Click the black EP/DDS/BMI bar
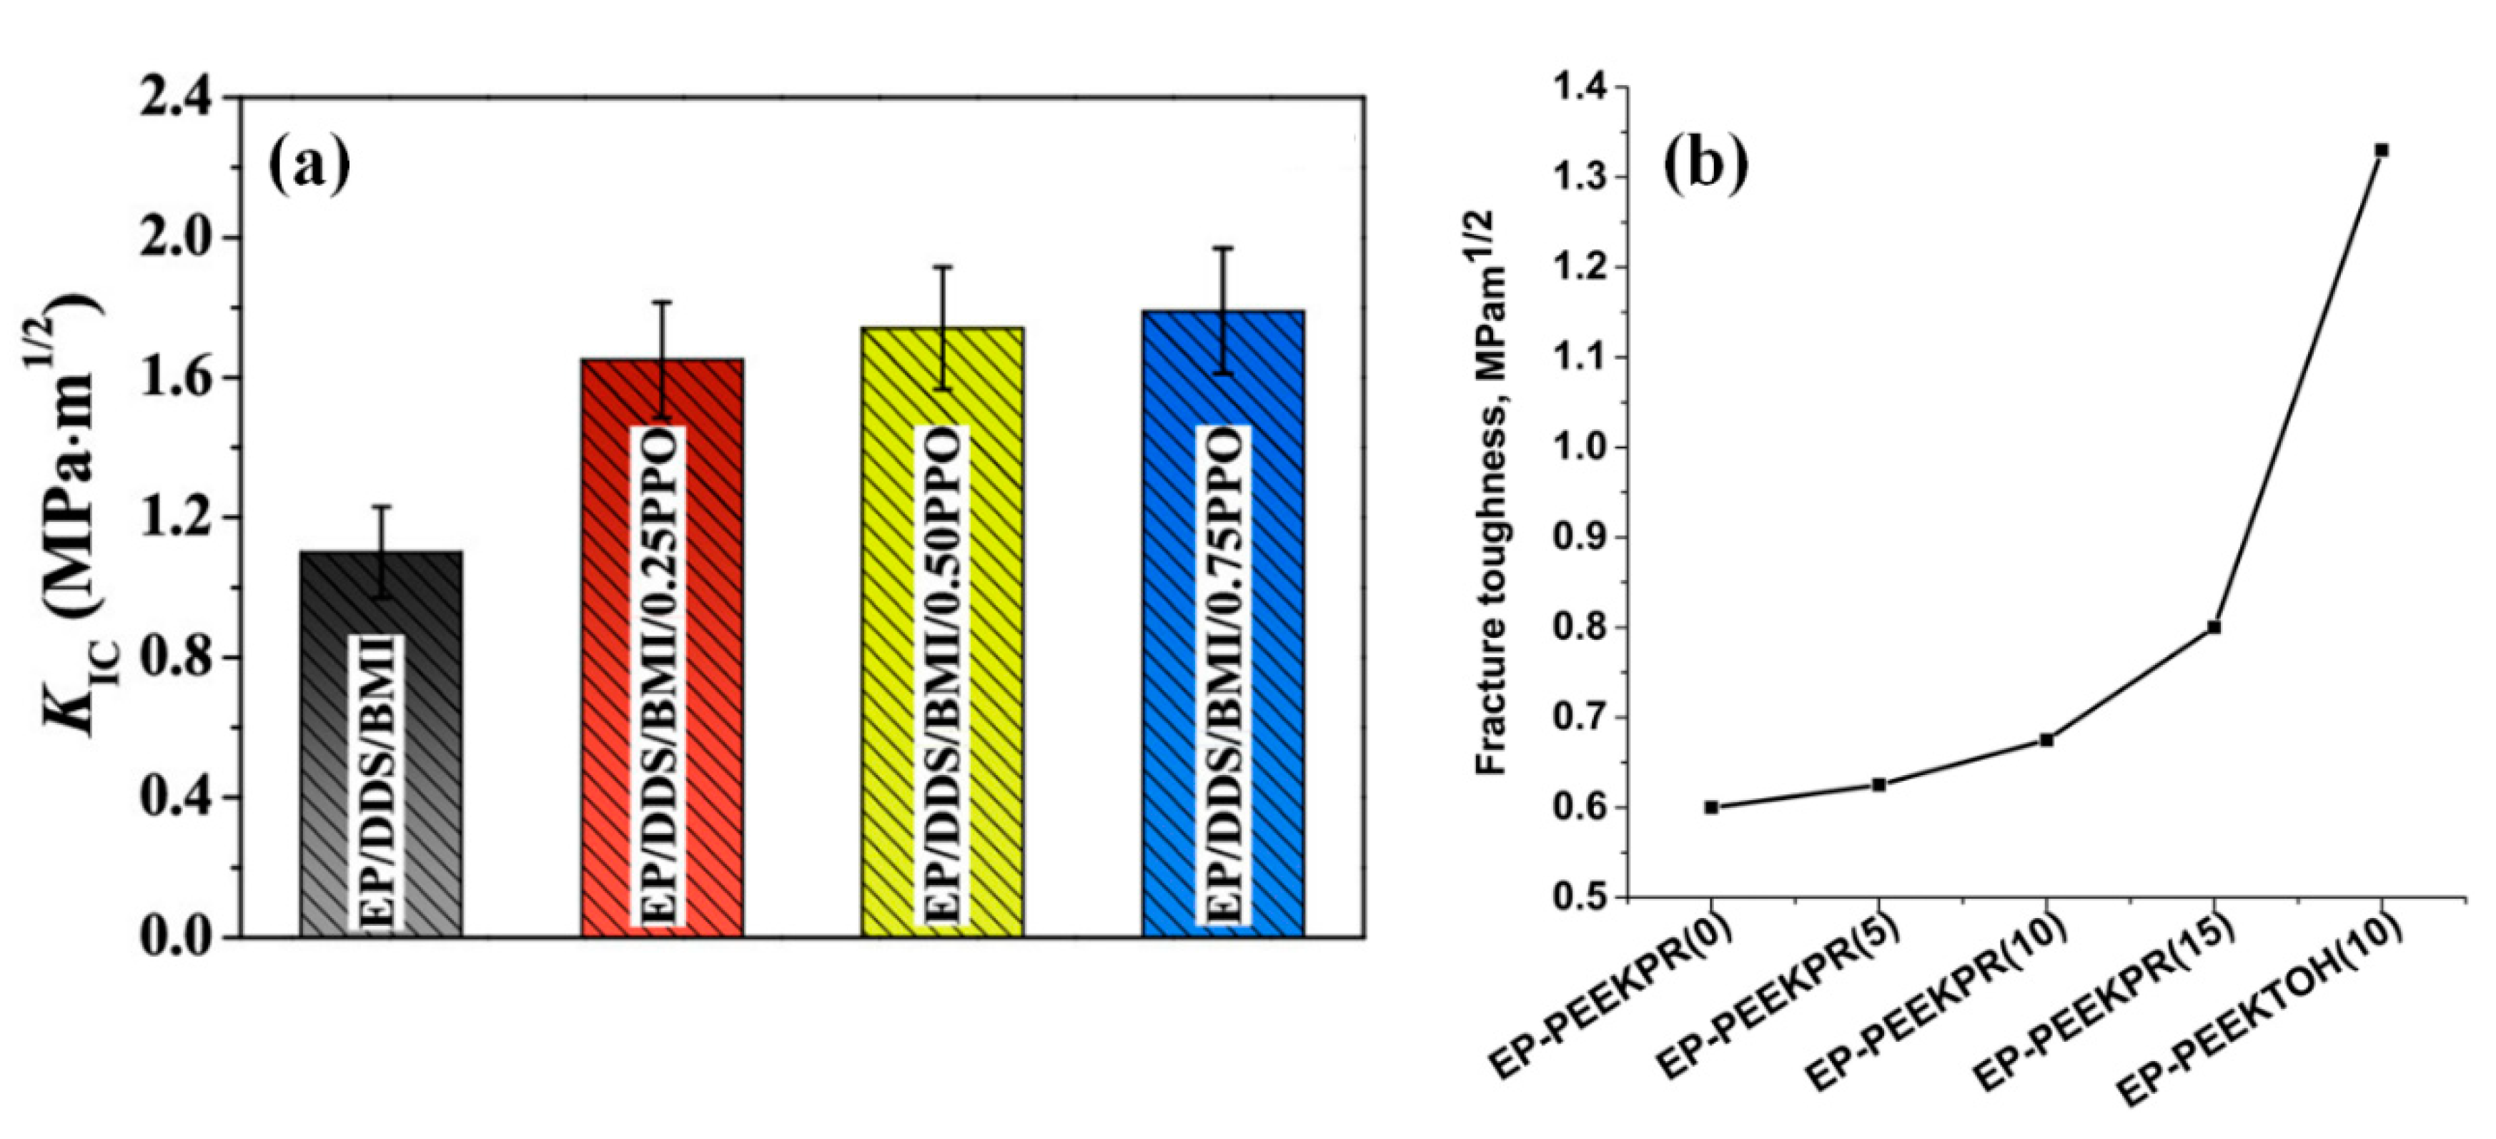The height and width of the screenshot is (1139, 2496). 381,746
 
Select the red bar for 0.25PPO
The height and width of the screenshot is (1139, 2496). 662,649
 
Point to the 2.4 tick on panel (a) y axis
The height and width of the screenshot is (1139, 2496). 180,99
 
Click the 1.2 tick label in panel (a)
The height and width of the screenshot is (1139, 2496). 180,518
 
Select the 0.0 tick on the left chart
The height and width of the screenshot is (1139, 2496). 180,938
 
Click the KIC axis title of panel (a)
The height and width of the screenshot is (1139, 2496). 73,514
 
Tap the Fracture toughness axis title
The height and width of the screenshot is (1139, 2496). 1493,494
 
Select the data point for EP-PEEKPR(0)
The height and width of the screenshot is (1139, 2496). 1712,807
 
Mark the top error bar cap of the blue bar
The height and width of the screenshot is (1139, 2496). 1224,249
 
